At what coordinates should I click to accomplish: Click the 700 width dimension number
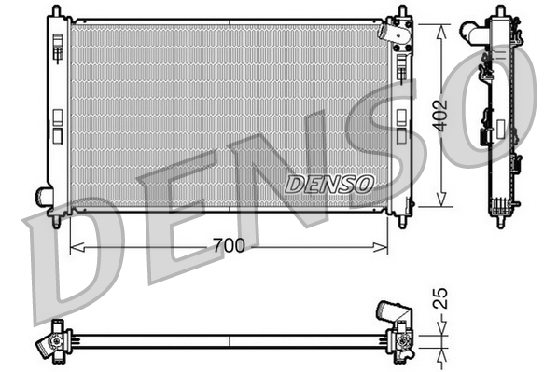click(228, 246)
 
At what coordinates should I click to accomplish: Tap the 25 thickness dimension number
click(443, 300)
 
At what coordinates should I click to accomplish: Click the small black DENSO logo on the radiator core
click(328, 184)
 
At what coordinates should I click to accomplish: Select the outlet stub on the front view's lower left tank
click(43, 196)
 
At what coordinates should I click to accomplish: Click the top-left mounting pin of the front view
click(58, 10)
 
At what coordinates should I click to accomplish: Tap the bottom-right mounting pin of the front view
click(402, 222)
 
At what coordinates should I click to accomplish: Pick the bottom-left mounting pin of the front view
click(58, 222)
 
